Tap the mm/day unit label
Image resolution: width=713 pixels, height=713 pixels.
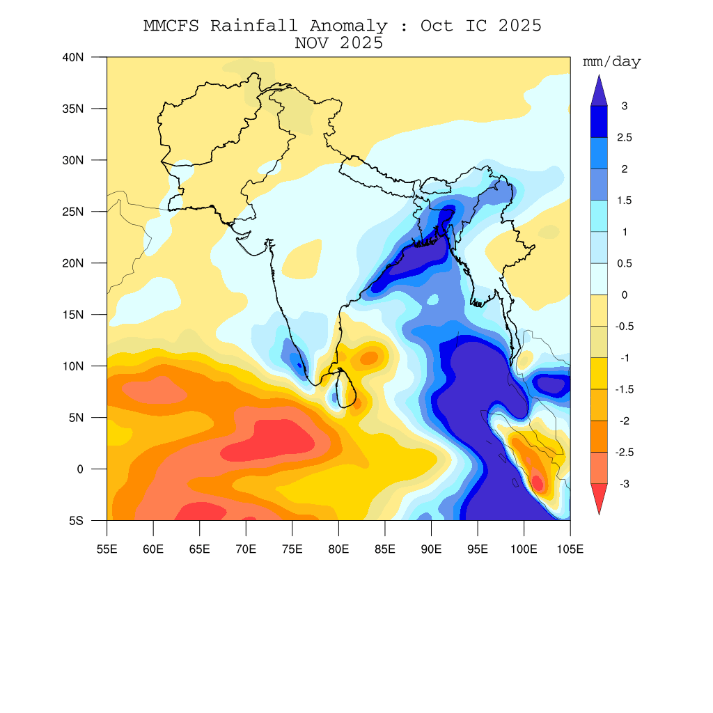611,63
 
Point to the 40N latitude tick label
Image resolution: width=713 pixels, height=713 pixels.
72,57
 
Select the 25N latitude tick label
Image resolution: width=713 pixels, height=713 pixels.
72,212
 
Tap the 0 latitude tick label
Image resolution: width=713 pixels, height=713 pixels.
79,469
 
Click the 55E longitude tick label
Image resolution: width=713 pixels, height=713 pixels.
107,550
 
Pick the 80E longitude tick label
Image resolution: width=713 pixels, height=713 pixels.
338,550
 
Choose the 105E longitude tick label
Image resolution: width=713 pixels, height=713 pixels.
570,550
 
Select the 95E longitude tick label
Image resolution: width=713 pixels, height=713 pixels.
478,550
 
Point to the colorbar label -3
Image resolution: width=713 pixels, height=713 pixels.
624,484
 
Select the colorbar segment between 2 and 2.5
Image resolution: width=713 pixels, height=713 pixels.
599,153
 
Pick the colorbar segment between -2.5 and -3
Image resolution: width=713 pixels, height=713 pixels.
599,467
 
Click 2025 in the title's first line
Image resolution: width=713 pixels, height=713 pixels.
516,26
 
